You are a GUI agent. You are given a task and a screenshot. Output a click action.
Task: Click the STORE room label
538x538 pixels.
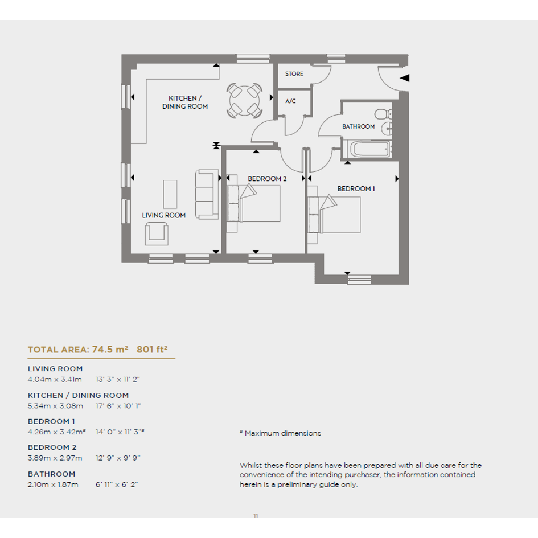click(x=294, y=74)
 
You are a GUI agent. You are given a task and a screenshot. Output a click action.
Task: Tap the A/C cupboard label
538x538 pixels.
click(x=290, y=101)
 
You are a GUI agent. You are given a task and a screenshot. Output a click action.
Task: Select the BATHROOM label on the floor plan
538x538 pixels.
click(x=358, y=126)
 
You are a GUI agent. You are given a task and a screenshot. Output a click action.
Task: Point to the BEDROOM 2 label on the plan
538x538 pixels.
click(x=267, y=179)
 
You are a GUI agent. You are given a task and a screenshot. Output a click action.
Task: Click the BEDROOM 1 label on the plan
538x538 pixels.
click(x=356, y=188)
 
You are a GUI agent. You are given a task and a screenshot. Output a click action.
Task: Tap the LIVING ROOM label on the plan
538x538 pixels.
click(x=163, y=215)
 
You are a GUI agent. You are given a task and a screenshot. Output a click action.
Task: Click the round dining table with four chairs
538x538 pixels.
click(x=244, y=101)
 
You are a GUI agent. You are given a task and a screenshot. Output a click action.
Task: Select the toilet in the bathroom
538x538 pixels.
click(x=384, y=113)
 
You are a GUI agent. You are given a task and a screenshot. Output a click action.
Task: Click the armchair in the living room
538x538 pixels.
click(x=157, y=233)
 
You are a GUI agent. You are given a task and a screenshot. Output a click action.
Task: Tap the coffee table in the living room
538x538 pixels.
click(x=170, y=194)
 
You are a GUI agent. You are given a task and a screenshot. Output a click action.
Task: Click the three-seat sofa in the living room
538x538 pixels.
click(x=207, y=194)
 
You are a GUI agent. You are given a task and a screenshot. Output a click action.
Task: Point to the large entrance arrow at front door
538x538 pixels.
click(x=405, y=78)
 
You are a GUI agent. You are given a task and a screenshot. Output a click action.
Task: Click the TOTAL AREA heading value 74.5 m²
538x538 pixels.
click(x=110, y=350)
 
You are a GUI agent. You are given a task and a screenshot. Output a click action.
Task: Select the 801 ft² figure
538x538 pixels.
click(x=152, y=350)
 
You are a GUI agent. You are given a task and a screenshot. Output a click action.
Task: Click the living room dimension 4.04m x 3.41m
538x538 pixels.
click(x=55, y=380)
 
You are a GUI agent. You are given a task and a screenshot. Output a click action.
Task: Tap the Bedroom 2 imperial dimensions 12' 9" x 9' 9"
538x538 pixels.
click(x=118, y=458)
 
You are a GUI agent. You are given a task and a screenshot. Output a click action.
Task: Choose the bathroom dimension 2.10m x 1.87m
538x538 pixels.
click(x=53, y=485)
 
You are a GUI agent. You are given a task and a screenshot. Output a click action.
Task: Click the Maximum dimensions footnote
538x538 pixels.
click(x=280, y=433)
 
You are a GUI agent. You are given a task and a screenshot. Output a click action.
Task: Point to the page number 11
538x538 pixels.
click(x=256, y=515)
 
